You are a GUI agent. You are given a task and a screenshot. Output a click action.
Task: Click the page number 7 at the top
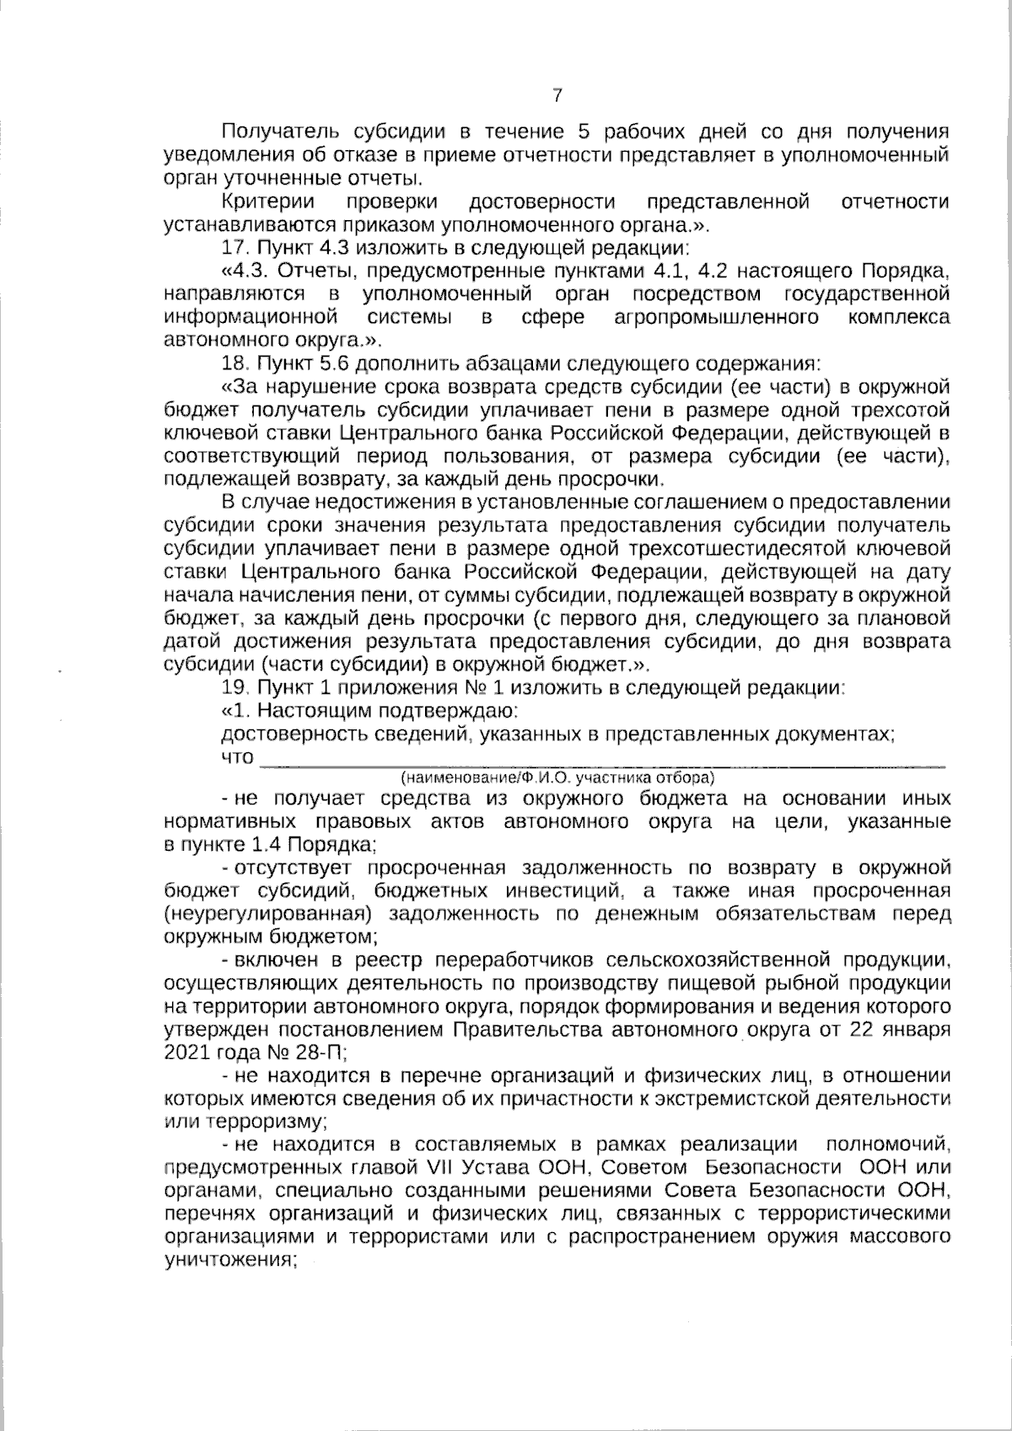tap(557, 95)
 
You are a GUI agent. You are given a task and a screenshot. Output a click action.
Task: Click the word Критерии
tap(268, 202)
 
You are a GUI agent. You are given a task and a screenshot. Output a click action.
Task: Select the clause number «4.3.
tap(246, 272)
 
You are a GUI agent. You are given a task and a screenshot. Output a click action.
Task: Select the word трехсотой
tap(897, 411)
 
